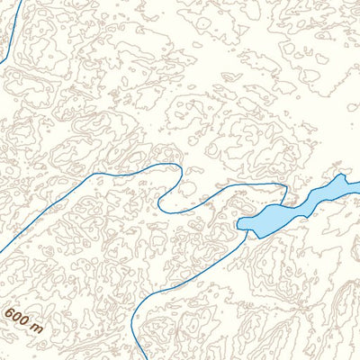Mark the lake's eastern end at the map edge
pos(356,185)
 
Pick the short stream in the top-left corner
pos(9,36)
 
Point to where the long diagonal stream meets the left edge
pos(1,253)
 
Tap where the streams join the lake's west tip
pos(244,230)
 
